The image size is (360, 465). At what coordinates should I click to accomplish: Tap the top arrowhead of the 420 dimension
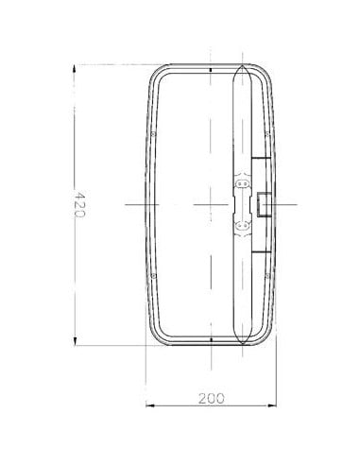point(76,67)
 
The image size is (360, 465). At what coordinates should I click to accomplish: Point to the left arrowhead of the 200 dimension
point(149,407)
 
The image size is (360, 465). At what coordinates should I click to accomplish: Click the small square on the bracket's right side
point(262,203)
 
